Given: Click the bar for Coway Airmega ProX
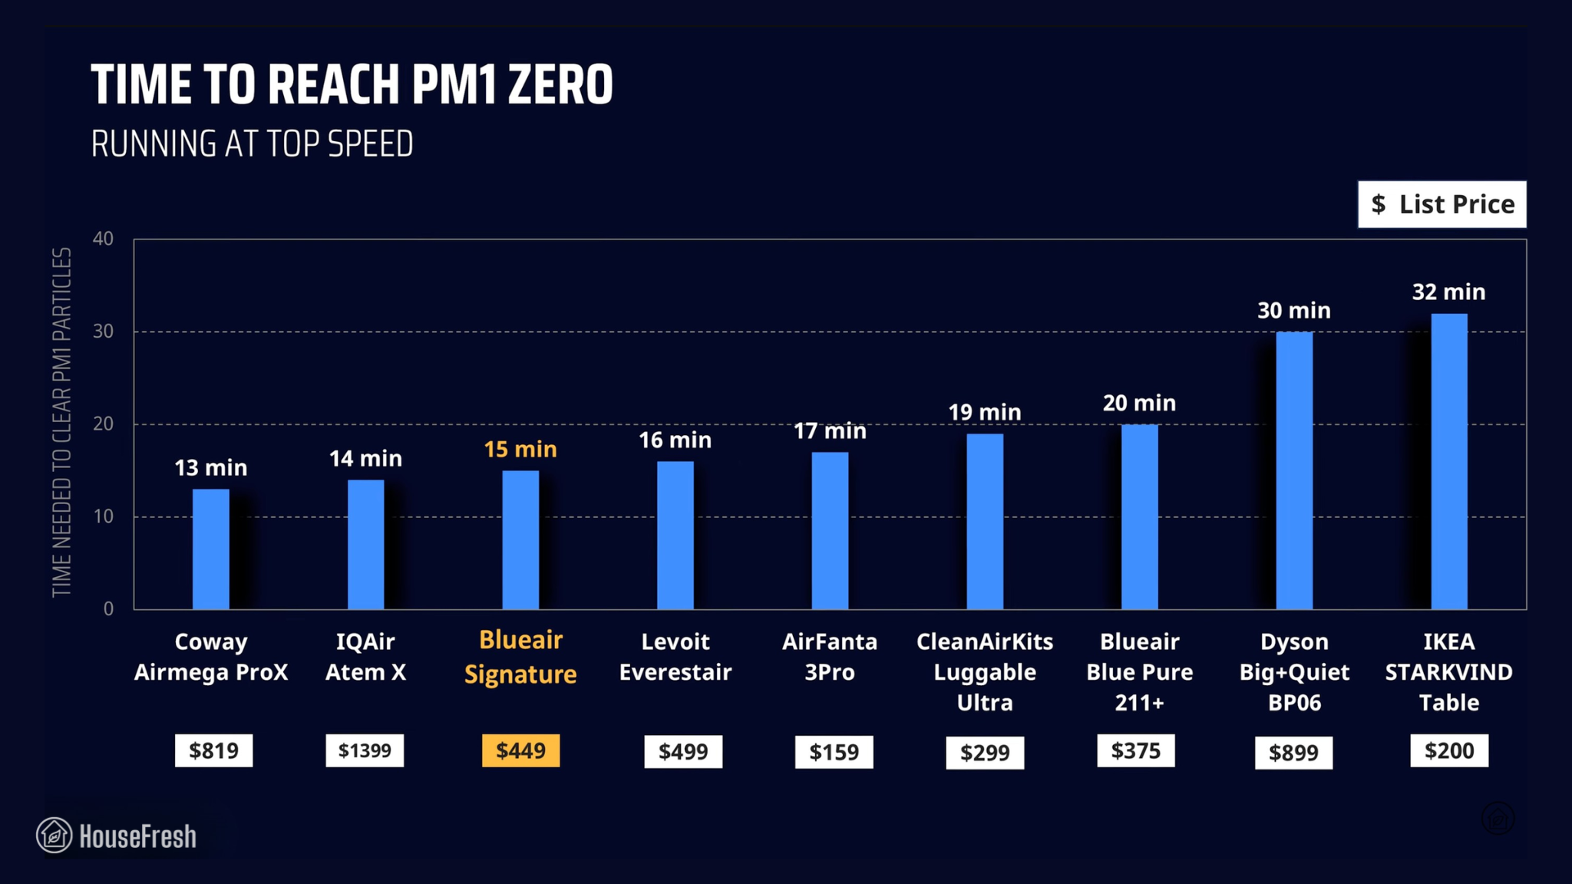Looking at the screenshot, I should tap(210, 549).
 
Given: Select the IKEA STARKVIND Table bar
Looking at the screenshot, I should tap(1448, 461).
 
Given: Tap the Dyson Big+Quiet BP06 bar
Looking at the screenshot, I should tap(1294, 470).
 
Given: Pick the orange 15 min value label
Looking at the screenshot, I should tap(520, 449).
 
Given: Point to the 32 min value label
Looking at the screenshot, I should tap(1448, 292).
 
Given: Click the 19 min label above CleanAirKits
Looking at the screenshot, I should tap(984, 412).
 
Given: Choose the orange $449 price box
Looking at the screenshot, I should tap(520, 750).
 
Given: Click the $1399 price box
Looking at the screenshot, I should tap(365, 750).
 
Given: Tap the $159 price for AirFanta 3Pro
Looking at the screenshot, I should tap(834, 752).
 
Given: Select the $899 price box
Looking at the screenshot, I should tap(1293, 753).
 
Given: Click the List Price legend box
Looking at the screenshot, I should tap(1442, 204).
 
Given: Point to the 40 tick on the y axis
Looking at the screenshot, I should tap(103, 239).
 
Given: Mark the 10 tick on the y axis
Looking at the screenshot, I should tap(103, 516).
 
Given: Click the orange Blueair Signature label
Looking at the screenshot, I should tap(520, 657).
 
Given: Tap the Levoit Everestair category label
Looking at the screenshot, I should tap(675, 657).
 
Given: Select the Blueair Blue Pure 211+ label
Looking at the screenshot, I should tap(1139, 671).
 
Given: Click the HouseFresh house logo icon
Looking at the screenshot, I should tap(54, 835).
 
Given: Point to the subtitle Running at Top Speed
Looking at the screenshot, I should tap(252, 144).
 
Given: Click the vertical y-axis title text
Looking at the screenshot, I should tap(61, 422).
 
